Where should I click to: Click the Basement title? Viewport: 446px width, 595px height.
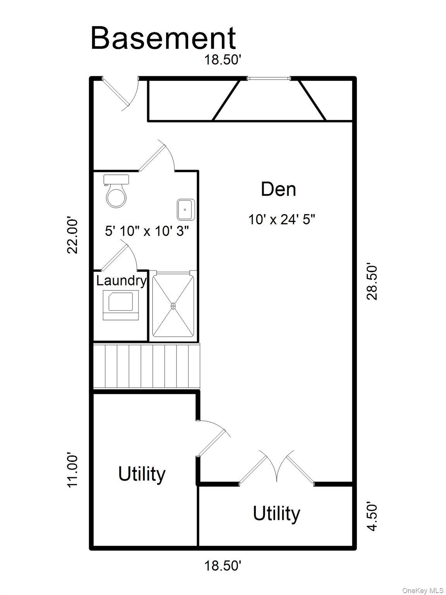pyautogui.click(x=163, y=38)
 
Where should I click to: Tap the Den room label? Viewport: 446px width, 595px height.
pyautogui.click(x=278, y=189)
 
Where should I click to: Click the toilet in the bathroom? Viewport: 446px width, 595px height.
pyautogui.click(x=116, y=191)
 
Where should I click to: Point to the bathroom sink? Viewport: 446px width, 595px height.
pyautogui.click(x=186, y=210)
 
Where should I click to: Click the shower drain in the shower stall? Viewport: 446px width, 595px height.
pyautogui.click(x=173, y=306)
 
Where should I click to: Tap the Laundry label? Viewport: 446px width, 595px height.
pyautogui.click(x=121, y=281)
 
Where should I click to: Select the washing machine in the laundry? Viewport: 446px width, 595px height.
pyautogui.click(x=120, y=305)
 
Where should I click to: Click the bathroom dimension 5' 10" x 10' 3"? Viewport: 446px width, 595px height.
pyautogui.click(x=147, y=231)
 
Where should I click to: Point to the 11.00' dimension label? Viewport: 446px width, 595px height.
pyautogui.click(x=72, y=471)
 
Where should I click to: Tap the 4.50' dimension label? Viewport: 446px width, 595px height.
pyautogui.click(x=372, y=517)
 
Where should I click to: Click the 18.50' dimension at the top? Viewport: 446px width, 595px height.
pyautogui.click(x=223, y=60)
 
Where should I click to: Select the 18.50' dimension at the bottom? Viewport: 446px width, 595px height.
pyautogui.click(x=223, y=566)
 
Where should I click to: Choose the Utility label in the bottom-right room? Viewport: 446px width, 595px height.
pyautogui.click(x=276, y=514)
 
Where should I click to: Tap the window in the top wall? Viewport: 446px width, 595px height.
pyautogui.click(x=269, y=79)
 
